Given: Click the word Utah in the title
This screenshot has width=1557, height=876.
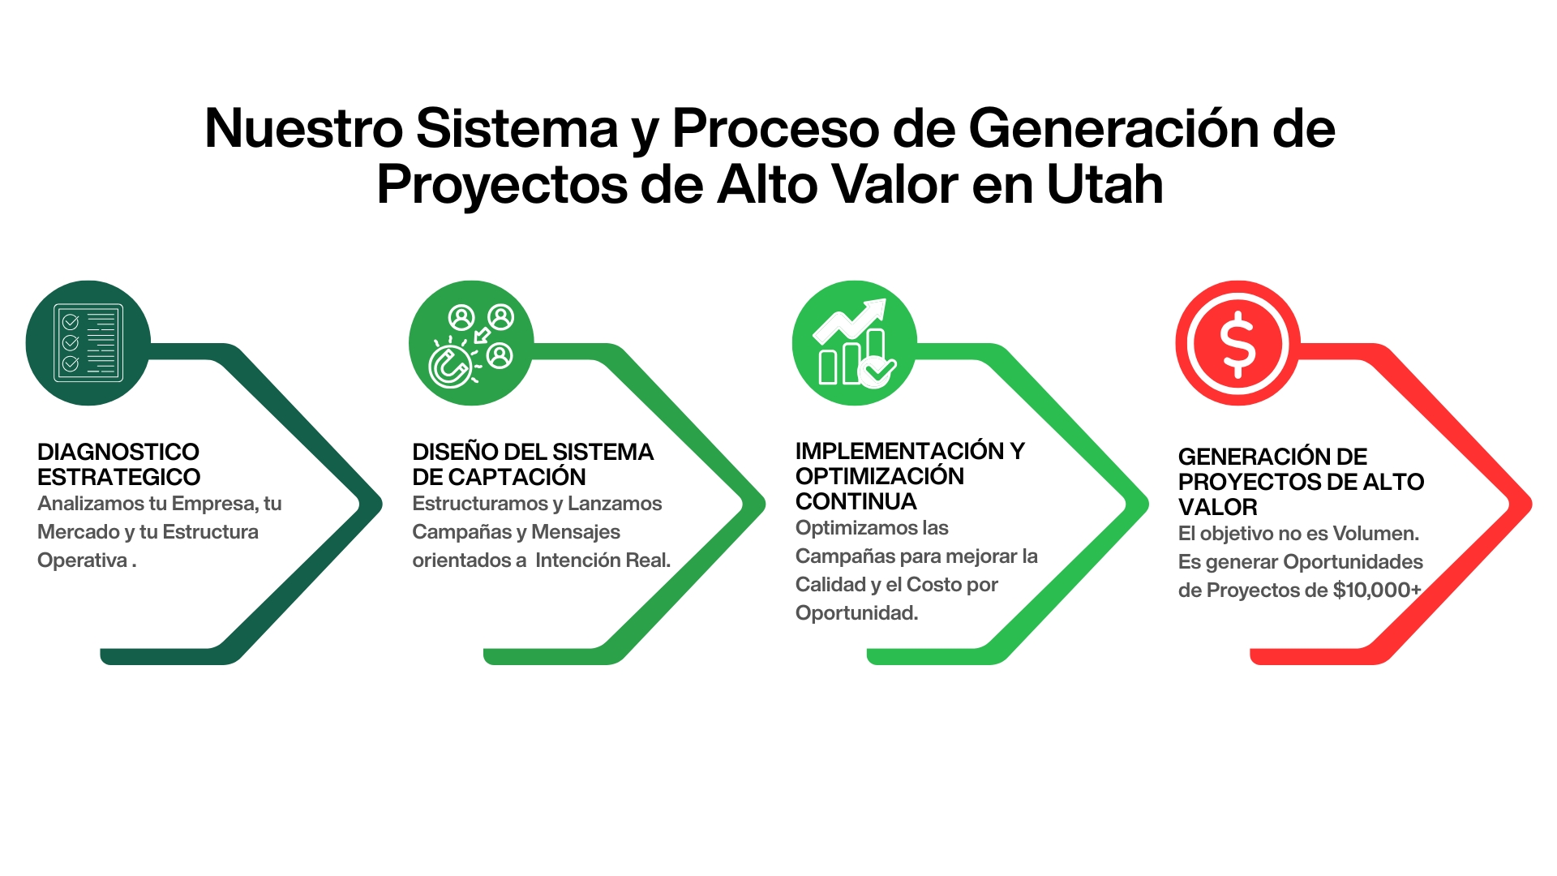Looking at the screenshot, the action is [1105, 184].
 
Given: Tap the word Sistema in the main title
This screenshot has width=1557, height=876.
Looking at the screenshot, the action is [517, 128].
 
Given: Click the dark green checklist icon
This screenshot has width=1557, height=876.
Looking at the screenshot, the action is [88, 343].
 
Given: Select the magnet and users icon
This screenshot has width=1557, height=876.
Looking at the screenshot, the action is [471, 343].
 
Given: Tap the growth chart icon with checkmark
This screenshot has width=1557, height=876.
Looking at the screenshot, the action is [855, 343].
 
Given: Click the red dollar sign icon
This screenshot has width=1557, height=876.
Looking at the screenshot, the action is [1238, 343].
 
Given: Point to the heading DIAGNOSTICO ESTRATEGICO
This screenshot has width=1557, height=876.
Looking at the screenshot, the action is [118, 464].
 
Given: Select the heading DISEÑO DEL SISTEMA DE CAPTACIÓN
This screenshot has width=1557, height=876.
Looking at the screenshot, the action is [533, 464].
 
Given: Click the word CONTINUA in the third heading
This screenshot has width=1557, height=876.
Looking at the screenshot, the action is [856, 501].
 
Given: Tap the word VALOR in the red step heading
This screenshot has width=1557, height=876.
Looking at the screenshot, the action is [1218, 507].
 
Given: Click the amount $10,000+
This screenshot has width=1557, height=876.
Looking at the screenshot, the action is [1377, 590].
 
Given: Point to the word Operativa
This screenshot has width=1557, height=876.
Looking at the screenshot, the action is [83, 560].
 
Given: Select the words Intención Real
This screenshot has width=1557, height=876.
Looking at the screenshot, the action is [603, 560].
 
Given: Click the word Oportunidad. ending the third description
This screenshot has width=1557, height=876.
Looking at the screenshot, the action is [857, 613].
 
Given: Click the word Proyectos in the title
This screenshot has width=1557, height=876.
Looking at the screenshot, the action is [502, 185].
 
